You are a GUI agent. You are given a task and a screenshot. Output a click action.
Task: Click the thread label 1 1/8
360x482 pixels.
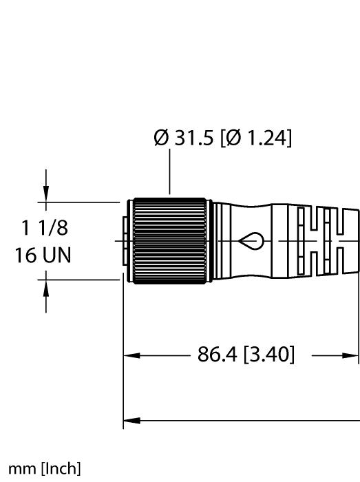[x=45, y=229]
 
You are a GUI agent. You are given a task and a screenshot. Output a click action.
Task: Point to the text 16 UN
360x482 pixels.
[x=45, y=254]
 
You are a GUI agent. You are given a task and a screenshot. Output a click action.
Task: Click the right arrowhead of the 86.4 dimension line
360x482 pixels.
[x=352, y=356]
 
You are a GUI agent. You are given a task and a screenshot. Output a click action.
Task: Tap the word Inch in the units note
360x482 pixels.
[x=64, y=470]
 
